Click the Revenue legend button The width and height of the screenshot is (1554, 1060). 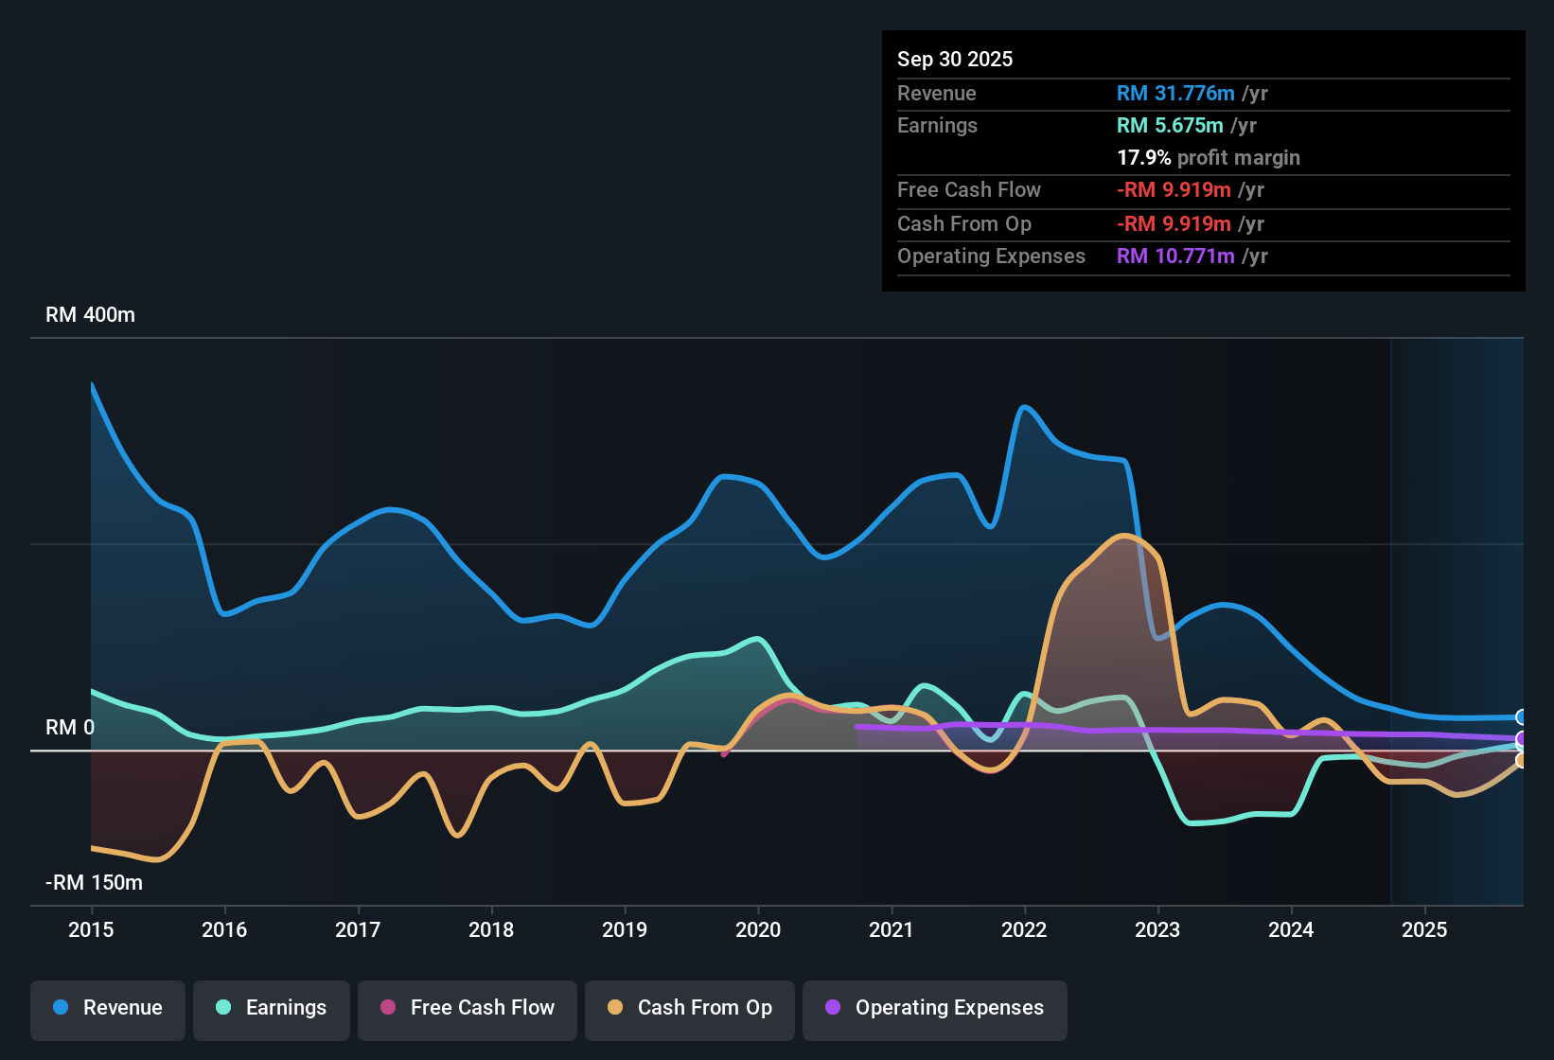108,1008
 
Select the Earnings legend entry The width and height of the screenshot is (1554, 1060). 272,1008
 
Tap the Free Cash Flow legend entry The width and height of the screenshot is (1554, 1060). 468,1008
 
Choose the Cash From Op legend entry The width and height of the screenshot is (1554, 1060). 690,1008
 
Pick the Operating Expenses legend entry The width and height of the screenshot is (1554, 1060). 935,1008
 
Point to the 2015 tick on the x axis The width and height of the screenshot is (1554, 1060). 91,929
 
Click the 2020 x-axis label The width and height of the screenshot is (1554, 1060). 758,929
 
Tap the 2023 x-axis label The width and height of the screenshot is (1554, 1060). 1157,929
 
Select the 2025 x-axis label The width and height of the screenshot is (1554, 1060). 1424,929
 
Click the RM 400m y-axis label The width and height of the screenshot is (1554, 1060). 90,315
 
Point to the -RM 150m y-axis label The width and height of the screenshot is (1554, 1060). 94,883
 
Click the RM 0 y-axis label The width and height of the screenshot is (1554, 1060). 70,728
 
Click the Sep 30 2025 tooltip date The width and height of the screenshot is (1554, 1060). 955,60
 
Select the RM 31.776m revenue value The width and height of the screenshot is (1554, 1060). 1175,94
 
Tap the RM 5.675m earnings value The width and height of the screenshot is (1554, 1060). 1170,126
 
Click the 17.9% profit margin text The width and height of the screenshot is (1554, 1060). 1209,158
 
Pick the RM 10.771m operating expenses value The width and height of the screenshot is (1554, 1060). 1175,256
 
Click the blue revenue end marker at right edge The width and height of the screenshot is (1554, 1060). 1521,717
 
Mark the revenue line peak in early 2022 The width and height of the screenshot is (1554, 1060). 1024,408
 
